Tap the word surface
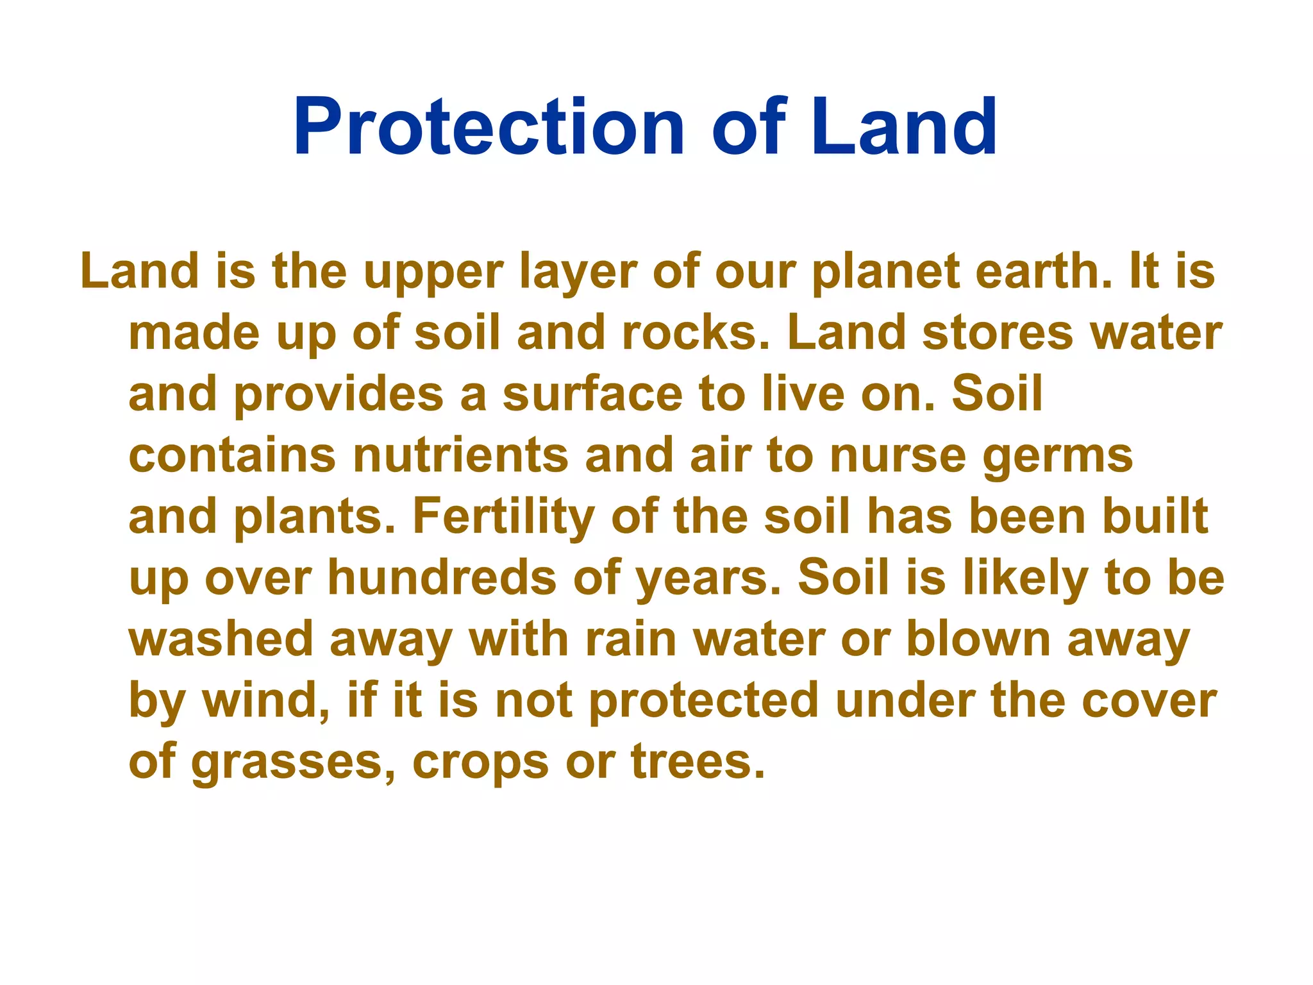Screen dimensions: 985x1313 pos(592,394)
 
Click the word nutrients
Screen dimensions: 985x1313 pos(460,455)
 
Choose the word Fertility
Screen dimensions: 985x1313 pos(503,517)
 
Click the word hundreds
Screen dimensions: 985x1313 pos(442,577)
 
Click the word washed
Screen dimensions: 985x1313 pos(221,639)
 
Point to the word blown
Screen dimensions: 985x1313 pos(978,639)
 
